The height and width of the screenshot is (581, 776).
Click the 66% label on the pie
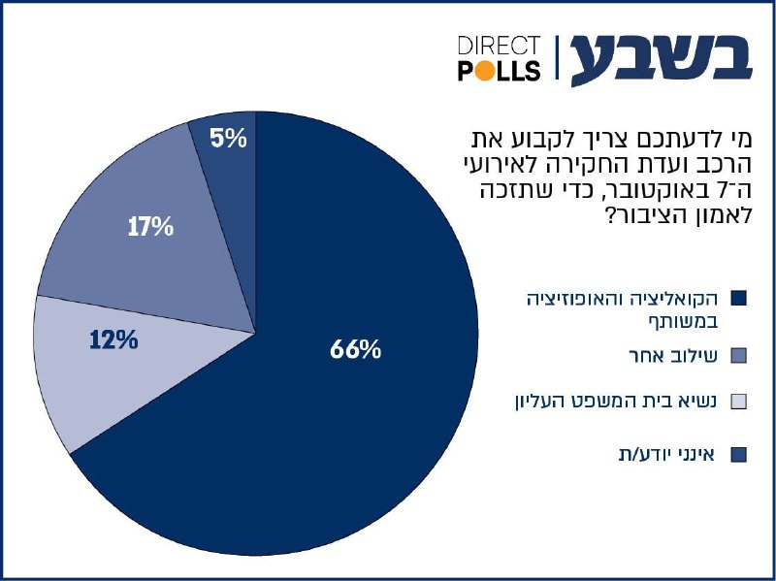pyautogui.click(x=355, y=350)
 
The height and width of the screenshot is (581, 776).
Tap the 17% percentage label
pyautogui.click(x=150, y=228)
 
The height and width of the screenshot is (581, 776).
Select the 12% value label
pyautogui.click(x=113, y=340)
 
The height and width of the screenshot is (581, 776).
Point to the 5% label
pyautogui.click(x=228, y=139)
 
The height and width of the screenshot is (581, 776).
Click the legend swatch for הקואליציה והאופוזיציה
pyautogui.click(x=737, y=297)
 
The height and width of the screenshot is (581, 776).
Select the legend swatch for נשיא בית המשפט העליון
pyautogui.click(x=737, y=402)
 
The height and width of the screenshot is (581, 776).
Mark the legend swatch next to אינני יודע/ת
pyautogui.click(x=737, y=453)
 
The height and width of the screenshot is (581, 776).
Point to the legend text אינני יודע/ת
pyautogui.click(x=665, y=453)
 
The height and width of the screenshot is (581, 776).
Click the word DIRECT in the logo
pyautogui.click(x=498, y=46)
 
